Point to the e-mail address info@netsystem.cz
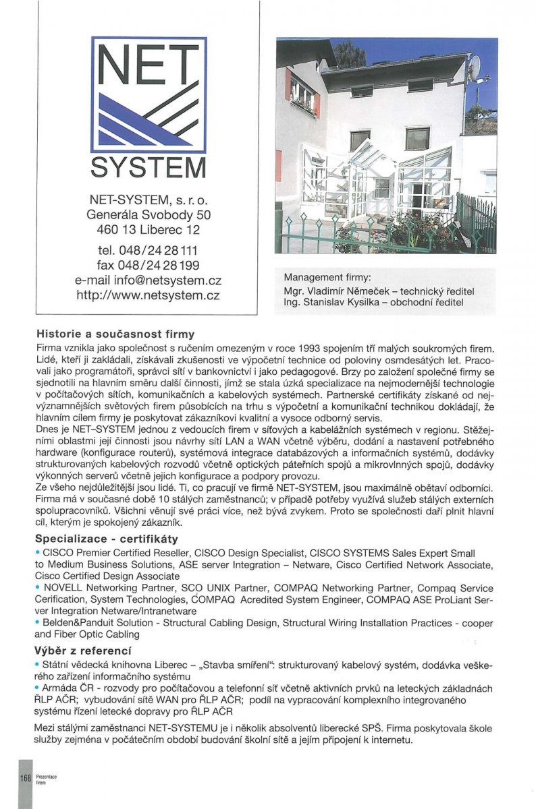(x=149, y=280)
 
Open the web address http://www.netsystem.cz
(x=149, y=295)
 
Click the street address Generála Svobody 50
(x=149, y=215)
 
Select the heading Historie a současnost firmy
(x=115, y=334)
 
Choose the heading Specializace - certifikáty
(x=106, y=539)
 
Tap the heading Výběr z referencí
(x=82, y=651)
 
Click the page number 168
(x=26, y=778)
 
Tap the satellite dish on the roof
(x=475, y=65)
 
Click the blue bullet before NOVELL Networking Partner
(x=37, y=588)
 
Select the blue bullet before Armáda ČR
(x=37, y=688)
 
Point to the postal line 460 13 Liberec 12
(x=149, y=230)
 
